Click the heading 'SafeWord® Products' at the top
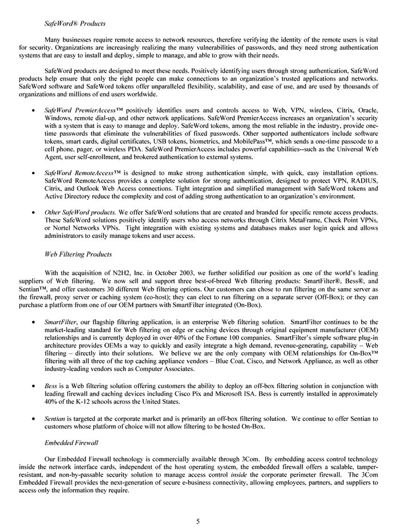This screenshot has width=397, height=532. point(75,24)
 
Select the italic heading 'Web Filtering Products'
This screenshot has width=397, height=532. point(78,253)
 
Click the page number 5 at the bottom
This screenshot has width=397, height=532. point(198,520)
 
